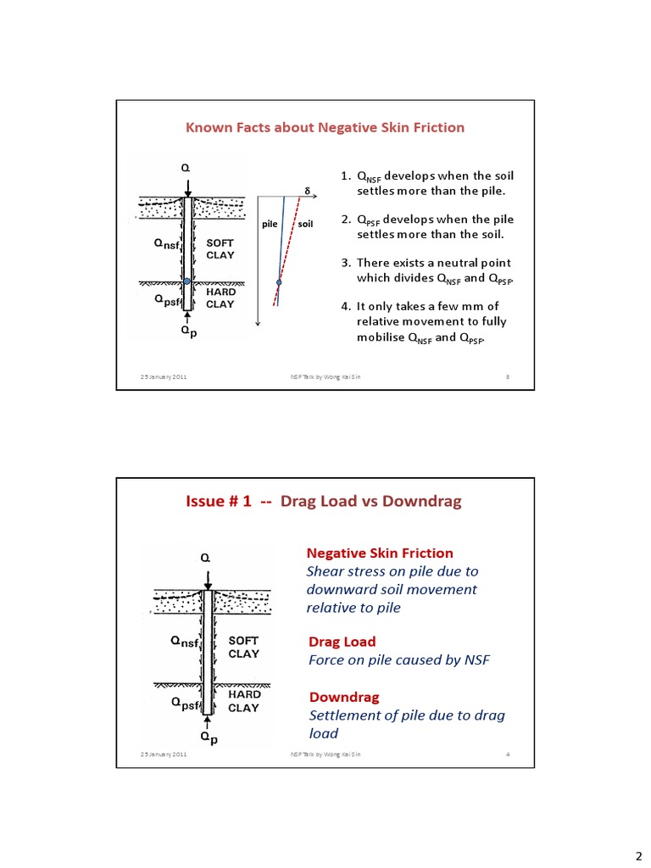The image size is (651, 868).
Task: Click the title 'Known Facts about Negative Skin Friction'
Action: coord(325,127)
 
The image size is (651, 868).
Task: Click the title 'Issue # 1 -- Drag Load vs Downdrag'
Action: coord(323,501)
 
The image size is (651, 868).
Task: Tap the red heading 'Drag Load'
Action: coord(342,642)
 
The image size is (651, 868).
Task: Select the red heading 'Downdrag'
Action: coord(344,697)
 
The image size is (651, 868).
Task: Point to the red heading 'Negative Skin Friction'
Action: coord(380,553)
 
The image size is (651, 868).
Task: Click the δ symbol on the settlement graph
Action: coord(306,190)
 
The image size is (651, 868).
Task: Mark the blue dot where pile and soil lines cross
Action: coord(279,282)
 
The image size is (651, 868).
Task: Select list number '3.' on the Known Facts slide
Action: coord(346,263)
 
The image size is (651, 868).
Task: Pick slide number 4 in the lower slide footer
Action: coord(506,754)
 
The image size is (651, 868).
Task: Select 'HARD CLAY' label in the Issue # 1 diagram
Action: coord(244,701)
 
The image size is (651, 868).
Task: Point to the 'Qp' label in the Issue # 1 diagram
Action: coord(209,737)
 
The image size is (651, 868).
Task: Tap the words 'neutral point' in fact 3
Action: coord(476,263)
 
